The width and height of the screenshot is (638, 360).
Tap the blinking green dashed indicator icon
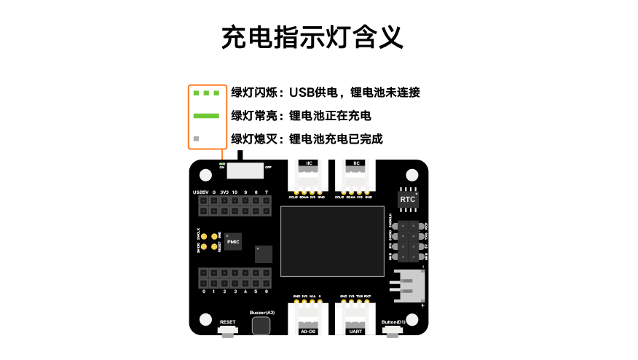(206, 93)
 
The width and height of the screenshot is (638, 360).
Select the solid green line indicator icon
(206, 115)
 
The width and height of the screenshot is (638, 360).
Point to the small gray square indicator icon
(195, 138)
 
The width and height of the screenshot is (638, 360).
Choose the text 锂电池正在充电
(331, 116)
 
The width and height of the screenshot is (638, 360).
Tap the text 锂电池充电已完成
(336, 139)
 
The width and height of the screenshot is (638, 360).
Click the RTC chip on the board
(408, 198)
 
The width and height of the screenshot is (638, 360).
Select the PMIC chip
(233, 240)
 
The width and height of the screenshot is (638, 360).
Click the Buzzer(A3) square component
(261, 325)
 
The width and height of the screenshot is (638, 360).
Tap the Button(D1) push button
(393, 332)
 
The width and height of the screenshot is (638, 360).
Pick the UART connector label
(355, 332)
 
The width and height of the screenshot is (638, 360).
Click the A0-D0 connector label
(308, 332)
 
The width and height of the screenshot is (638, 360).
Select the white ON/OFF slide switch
(245, 170)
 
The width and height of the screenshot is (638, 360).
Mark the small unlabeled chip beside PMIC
(263, 254)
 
